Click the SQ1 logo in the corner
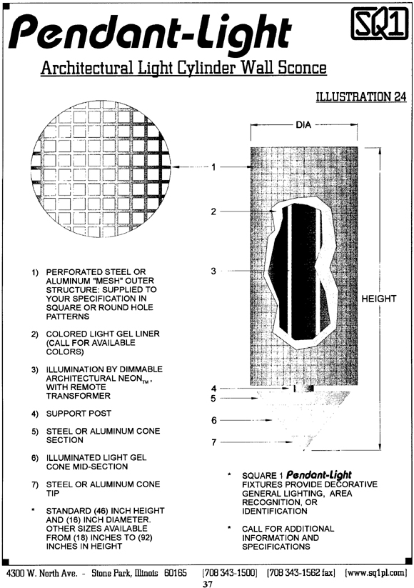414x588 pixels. [379, 24]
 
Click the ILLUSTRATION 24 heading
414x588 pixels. [361, 96]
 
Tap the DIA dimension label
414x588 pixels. [303, 124]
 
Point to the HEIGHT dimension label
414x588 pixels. [379, 299]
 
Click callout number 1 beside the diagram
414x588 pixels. [213, 167]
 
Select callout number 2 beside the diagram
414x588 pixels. [213, 211]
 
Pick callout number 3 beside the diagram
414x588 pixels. [213, 271]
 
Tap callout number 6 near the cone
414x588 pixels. [214, 420]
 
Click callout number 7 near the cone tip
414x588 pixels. [214, 442]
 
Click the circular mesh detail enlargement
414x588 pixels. [101, 169]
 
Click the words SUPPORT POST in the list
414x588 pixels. [79, 413]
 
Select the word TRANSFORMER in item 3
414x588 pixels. [79, 396]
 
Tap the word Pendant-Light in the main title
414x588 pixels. [150, 33]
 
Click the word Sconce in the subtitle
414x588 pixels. [302, 67]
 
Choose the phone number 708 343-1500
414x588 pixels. [230, 572]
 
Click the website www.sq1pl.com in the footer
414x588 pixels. [375, 572]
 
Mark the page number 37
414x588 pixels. [208, 584]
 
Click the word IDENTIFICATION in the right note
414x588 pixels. [275, 511]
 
